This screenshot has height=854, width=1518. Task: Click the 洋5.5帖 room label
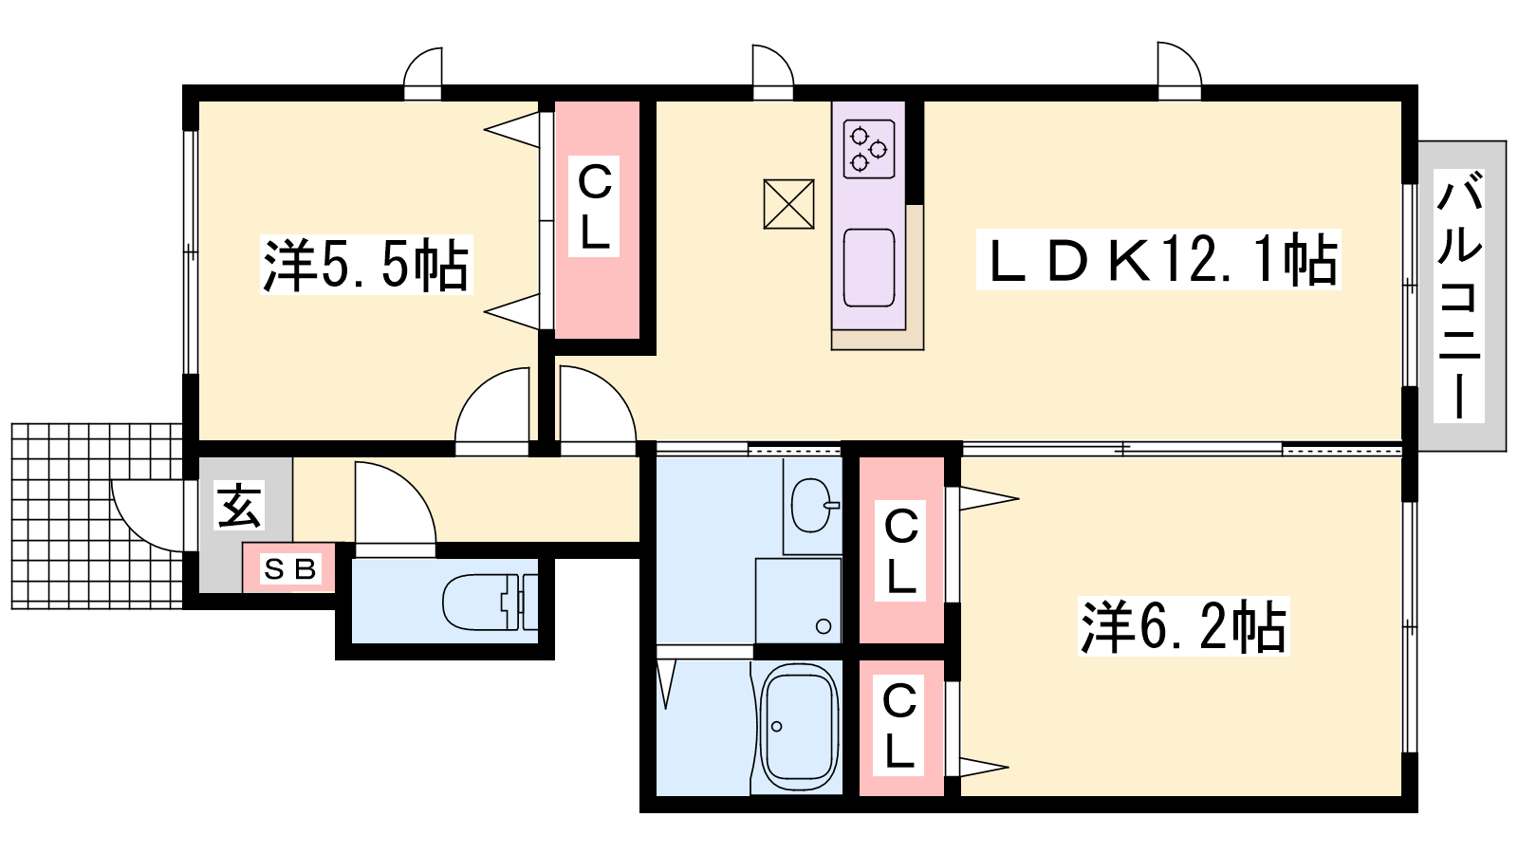coord(366,265)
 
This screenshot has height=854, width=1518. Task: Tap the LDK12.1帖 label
coord(1158,260)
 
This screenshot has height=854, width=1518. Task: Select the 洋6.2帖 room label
coord(1183,627)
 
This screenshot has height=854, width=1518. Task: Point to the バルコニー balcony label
coord(1459,295)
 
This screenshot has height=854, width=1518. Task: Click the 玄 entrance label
coord(239,505)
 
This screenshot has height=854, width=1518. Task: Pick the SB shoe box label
coord(290,569)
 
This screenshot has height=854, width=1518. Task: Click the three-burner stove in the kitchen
coord(869,149)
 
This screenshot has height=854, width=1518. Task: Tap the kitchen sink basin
coord(869,268)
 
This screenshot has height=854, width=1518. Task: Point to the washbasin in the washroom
coord(812,505)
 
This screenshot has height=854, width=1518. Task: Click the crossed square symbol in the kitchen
coord(788,204)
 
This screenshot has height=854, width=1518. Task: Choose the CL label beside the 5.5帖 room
coord(594,207)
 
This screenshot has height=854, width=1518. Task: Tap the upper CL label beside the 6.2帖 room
coord(900,551)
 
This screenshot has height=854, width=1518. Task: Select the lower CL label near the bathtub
coord(899,725)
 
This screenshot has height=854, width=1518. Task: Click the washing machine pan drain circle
coord(824,626)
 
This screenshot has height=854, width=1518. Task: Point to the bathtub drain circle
coord(777,727)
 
